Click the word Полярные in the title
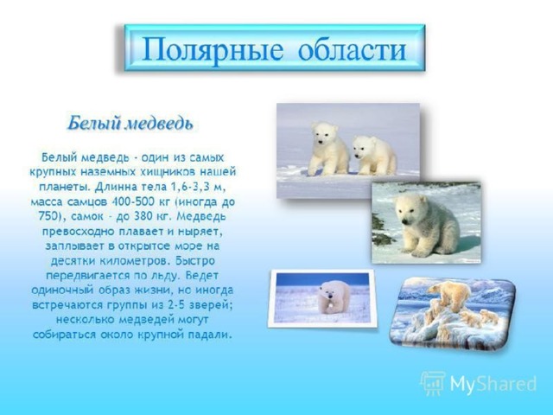(213, 49)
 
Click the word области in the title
(352, 49)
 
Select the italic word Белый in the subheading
(94, 124)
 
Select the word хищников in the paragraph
(164, 172)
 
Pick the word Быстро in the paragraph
(195, 261)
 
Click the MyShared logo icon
(432, 383)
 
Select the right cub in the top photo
(373, 156)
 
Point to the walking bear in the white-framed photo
(333, 297)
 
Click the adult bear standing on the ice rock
(450, 294)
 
